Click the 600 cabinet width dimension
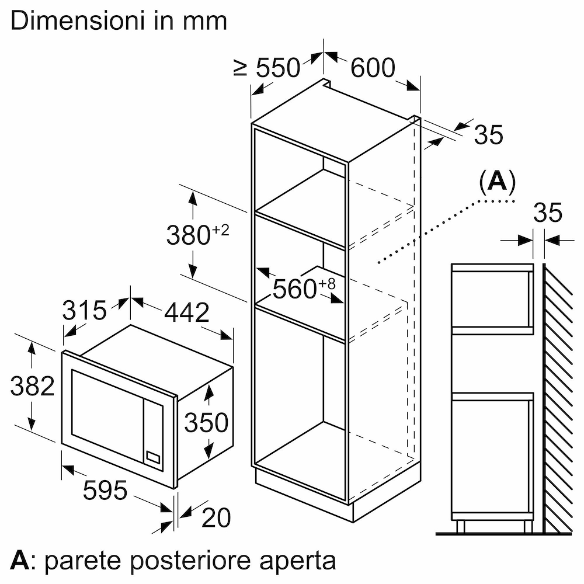pyautogui.click(x=373, y=68)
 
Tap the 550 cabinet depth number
pyautogui.click(x=278, y=68)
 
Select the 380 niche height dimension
pyautogui.click(x=189, y=235)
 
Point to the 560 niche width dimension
pyautogui.click(x=294, y=288)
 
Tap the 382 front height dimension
pyautogui.click(x=32, y=386)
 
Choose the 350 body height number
pyautogui.click(x=206, y=422)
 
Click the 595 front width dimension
pyautogui.click(x=105, y=490)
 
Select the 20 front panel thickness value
pyautogui.click(x=216, y=517)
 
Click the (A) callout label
pyautogui.click(x=498, y=182)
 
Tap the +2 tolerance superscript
pyautogui.click(x=221, y=230)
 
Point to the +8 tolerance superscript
pyautogui.click(x=326, y=284)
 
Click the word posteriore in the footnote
pyautogui.click(x=190, y=560)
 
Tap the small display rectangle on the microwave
pyautogui.click(x=154, y=457)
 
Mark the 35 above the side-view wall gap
pyautogui.click(x=548, y=213)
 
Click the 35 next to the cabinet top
pyautogui.click(x=489, y=134)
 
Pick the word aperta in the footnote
pyautogui.click(x=298, y=561)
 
